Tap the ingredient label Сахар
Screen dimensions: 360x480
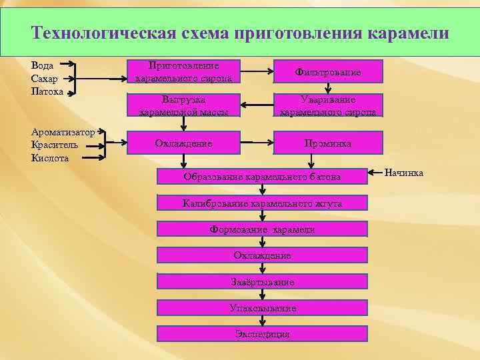click(x=45, y=79)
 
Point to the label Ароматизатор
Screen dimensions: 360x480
click(x=63, y=131)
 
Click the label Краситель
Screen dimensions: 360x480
click(x=55, y=145)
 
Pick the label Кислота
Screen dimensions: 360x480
click(x=49, y=158)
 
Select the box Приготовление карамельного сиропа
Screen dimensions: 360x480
click(x=184, y=72)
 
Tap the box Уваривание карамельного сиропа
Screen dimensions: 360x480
click(x=328, y=105)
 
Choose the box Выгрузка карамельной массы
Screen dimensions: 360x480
click(x=184, y=105)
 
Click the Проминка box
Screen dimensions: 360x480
click(x=328, y=143)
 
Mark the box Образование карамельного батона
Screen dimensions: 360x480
click(x=262, y=177)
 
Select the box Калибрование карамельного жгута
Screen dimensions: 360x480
click(x=262, y=203)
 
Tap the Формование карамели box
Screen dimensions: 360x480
click(x=262, y=229)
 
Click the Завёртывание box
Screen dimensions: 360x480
click(x=262, y=282)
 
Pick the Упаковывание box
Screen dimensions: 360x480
click(x=262, y=308)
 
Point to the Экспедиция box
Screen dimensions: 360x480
click(x=262, y=333)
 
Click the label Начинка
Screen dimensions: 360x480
click(x=404, y=174)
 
